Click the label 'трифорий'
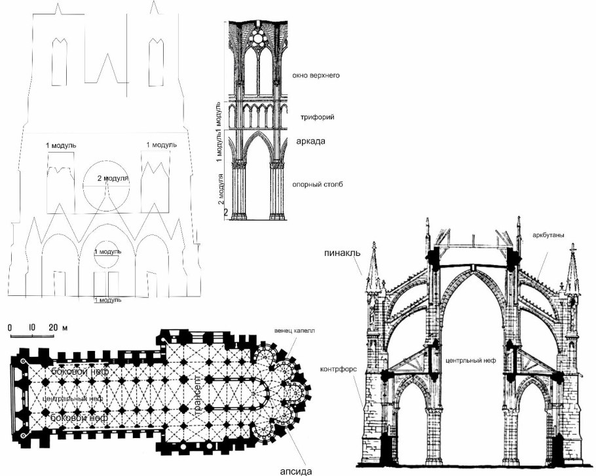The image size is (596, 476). click(x=320, y=117)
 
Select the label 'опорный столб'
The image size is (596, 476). click(x=318, y=184)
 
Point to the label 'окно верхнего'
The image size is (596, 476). click(x=316, y=75)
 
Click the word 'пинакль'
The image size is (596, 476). click(x=339, y=251)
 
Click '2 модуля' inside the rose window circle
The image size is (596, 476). click(x=112, y=178)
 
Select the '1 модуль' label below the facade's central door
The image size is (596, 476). click(x=107, y=300)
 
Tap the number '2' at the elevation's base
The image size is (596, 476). click(x=226, y=212)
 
